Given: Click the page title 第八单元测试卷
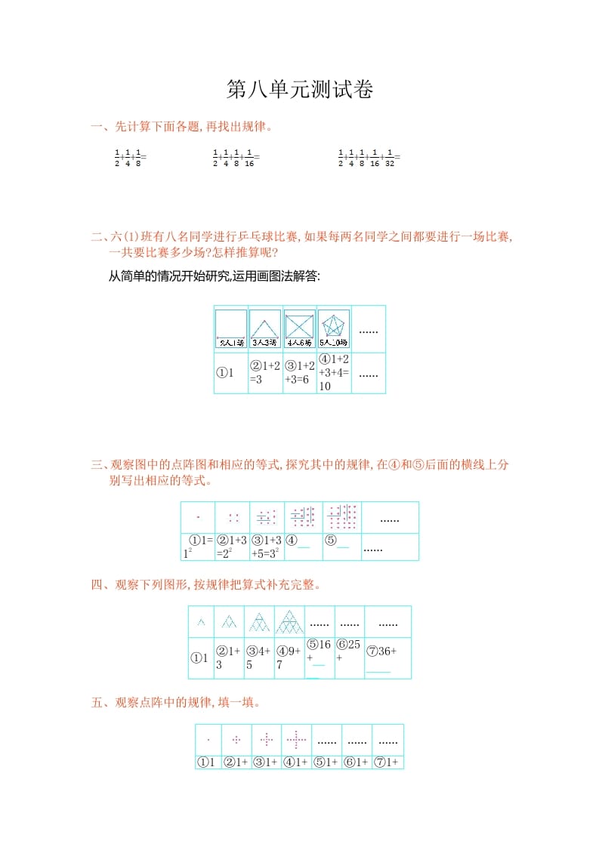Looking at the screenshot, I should point(300,91).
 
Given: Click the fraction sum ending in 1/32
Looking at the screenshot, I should point(369,157).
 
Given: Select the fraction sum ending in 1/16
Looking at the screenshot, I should point(236,157).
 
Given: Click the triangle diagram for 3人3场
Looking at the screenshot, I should point(265,328).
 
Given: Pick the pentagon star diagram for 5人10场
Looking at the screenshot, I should point(334,328).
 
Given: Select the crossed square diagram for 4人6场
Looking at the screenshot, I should point(300,328).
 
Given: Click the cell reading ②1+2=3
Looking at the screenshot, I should point(265,373).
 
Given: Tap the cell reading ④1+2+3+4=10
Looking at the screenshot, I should point(334,373).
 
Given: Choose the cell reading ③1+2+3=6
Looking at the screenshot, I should point(300,373).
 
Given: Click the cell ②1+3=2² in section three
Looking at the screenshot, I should point(233,547).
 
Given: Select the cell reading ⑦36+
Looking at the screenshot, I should point(387,658).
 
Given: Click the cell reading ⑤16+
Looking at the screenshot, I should point(319,658).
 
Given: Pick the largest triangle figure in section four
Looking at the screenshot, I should point(289,623).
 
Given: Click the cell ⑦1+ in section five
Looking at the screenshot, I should point(388,762).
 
